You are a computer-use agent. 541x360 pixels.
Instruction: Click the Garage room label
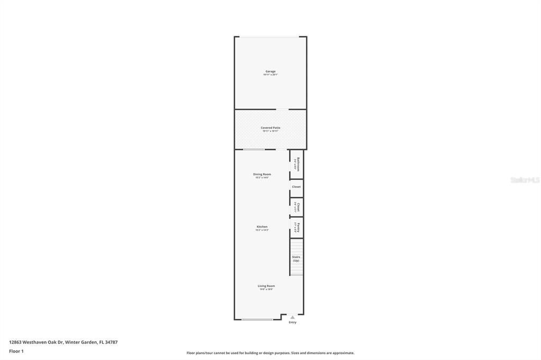270,71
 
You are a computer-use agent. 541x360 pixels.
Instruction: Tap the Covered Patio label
270,128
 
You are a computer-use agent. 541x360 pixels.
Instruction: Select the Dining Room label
262,174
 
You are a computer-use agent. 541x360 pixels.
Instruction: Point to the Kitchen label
262,227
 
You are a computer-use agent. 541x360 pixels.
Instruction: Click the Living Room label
266,286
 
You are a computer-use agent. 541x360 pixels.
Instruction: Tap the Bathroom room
297,164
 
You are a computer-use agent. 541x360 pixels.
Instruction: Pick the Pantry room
297,228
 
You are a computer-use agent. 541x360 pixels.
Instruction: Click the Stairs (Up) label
296,259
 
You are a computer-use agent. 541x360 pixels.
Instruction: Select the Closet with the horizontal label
296,187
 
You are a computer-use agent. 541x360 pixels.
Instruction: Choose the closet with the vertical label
297,207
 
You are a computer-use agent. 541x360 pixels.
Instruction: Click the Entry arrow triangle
292,317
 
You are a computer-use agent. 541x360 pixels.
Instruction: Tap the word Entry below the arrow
292,323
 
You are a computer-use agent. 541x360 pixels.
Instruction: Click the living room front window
257,319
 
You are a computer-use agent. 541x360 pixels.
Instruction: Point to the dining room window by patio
254,149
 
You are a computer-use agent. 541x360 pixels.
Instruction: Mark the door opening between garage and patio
282,109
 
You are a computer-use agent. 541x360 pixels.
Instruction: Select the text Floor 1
16,351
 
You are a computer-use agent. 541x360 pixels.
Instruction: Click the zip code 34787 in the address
111,342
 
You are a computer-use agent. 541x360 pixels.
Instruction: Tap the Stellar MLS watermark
525,180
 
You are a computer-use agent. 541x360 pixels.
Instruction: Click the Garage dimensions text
270,75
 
